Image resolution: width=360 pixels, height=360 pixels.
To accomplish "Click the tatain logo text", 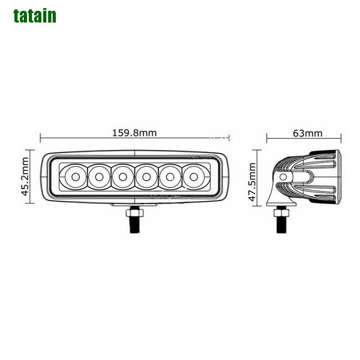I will (35, 15).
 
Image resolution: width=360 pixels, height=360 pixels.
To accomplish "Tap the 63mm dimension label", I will (307, 133).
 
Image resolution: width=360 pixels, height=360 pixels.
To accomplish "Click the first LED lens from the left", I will (74, 176).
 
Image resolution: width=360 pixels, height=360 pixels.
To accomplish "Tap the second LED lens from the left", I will (98, 176).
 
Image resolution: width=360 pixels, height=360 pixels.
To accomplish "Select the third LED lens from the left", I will (122, 176).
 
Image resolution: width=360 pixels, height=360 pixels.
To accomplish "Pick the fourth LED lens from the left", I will (146, 176).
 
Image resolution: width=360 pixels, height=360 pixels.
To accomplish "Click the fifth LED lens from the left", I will (170, 176).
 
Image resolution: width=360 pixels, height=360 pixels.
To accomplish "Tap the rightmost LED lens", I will (193, 176).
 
